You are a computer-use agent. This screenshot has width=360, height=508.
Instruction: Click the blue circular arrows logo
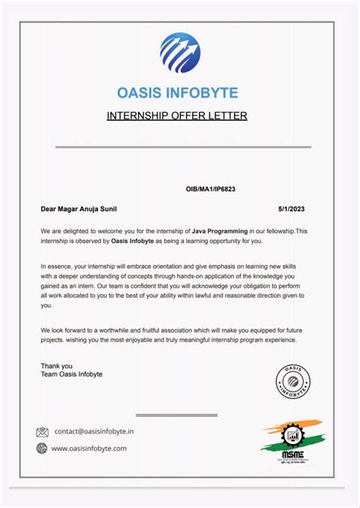tap(179, 53)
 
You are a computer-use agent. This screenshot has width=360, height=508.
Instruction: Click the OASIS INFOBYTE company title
tap(177, 93)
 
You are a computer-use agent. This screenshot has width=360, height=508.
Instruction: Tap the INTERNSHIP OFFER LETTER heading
tap(177, 116)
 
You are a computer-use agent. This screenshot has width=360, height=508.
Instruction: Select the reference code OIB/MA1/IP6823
tap(215, 189)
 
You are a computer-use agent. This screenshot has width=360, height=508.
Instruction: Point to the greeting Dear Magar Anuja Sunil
tap(79, 208)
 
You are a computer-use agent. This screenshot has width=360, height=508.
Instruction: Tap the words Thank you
tap(56, 365)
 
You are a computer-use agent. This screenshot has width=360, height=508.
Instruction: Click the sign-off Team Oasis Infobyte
tap(71, 374)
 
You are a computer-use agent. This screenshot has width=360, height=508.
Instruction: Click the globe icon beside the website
tap(43, 448)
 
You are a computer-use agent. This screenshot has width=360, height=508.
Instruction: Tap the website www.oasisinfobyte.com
tap(89, 448)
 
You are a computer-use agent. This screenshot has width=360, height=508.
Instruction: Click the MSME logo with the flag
tap(292, 440)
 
